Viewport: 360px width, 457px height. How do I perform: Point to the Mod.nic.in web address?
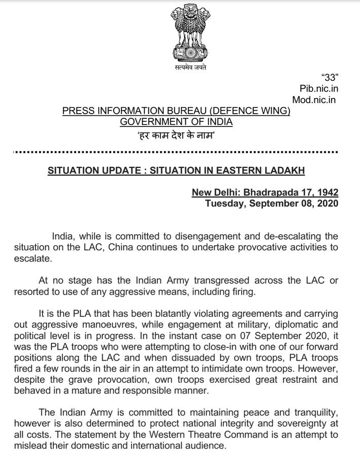tap(314, 100)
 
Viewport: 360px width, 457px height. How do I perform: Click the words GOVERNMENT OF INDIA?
tap(176, 122)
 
